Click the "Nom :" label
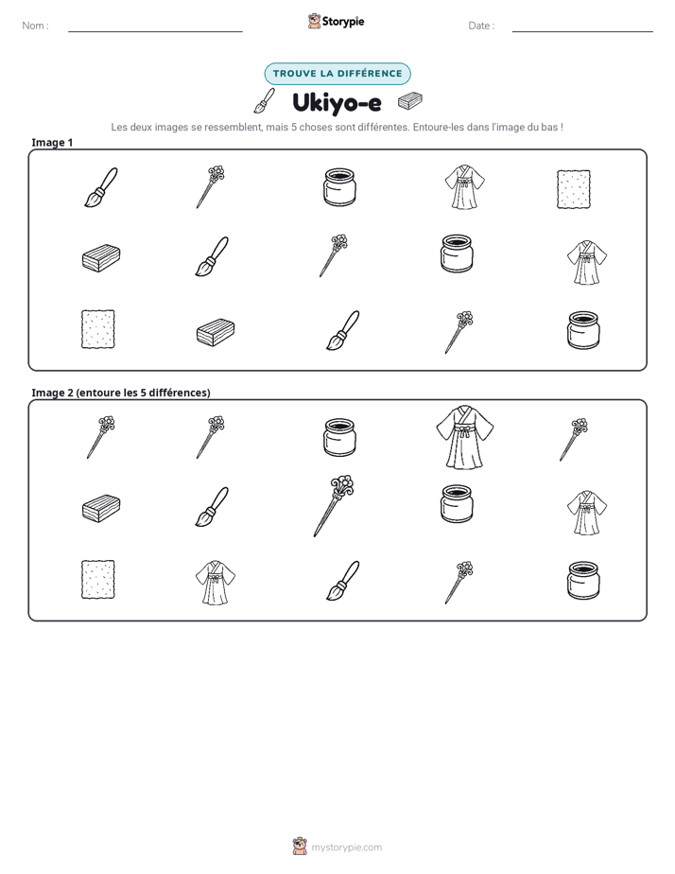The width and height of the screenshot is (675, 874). coord(35,26)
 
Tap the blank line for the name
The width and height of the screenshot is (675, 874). coord(155,32)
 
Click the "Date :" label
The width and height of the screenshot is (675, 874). coord(481,26)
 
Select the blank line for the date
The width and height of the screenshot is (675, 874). coord(582,32)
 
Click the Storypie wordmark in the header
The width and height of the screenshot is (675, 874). coord(343,22)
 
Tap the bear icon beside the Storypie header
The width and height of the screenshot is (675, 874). coord(314,21)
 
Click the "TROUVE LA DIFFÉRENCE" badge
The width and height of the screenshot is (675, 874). coord(337,74)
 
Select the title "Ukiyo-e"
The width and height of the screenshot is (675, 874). coord(337,103)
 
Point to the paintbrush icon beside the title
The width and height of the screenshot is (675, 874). coord(264,100)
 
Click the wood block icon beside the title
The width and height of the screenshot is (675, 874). coord(410,101)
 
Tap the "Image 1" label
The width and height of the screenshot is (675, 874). coord(52,143)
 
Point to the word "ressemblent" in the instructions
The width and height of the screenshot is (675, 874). coord(234,127)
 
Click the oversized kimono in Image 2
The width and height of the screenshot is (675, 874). coord(464,437)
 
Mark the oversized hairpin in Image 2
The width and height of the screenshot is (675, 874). coord(334,505)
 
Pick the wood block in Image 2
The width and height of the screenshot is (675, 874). coord(101,508)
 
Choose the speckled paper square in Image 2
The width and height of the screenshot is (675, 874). coord(98,580)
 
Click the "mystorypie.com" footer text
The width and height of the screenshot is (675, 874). coord(346,848)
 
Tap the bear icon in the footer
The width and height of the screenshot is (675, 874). coord(300,847)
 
